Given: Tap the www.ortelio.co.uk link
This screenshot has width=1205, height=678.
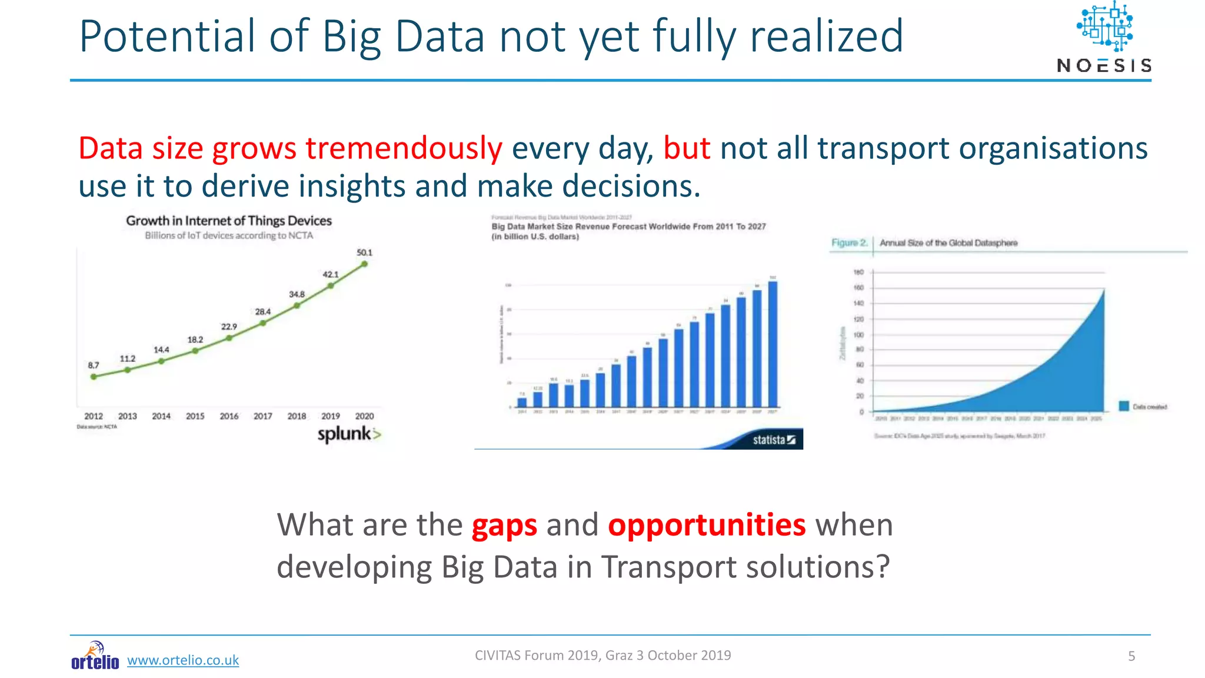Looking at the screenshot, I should [183, 660].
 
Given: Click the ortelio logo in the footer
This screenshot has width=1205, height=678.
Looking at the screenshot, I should [95, 656].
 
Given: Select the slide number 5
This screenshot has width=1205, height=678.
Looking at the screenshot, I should [1131, 656].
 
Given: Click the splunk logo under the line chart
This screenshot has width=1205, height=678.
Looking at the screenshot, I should [349, 434].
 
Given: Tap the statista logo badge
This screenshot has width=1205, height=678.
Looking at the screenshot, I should [774, 440].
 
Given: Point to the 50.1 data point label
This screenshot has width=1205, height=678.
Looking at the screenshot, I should [364, 252].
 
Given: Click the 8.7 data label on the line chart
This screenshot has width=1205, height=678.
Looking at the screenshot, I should [94, 365].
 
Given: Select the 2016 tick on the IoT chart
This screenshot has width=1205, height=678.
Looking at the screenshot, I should [229, 416].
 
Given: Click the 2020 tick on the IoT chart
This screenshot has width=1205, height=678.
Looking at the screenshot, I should [364, 416].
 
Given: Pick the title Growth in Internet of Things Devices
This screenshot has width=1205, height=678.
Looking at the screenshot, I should [229, 221].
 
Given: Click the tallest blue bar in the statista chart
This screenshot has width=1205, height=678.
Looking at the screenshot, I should [773, 344].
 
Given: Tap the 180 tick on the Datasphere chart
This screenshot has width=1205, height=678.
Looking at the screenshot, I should [858, 272].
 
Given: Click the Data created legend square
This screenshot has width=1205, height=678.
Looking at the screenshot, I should [1124, 406].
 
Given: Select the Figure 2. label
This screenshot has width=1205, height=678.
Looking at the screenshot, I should [849, 242].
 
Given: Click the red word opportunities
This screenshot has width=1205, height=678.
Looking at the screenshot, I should [707, 524].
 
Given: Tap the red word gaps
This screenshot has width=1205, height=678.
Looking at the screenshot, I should [504, 526].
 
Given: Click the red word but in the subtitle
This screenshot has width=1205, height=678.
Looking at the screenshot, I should [687, 148].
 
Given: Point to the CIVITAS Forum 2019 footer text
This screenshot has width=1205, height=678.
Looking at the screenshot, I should [602, 655].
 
